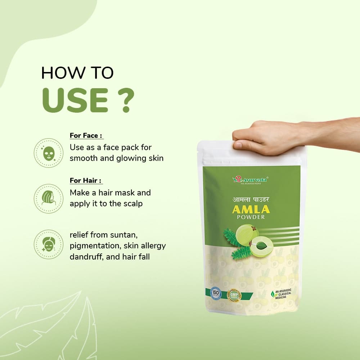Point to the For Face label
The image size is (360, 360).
pyautogui.click(x=86, y=136)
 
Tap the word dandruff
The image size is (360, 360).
pyautogui.click(x=86, y=256)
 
